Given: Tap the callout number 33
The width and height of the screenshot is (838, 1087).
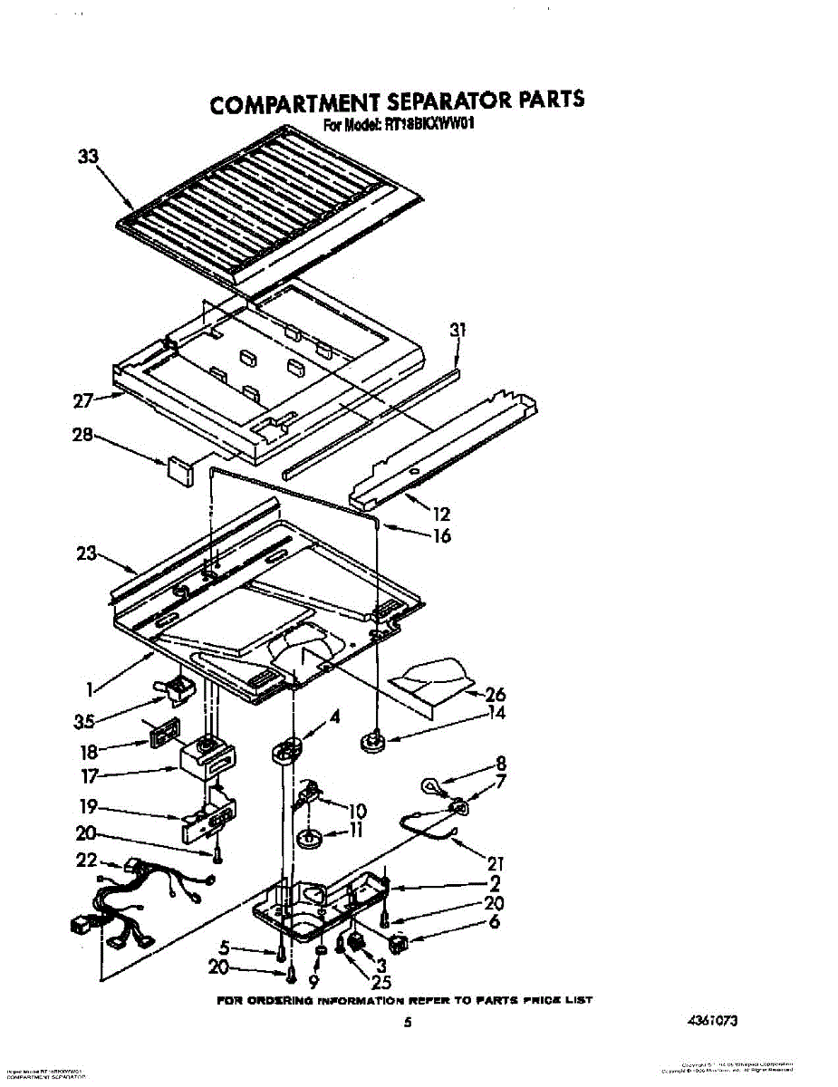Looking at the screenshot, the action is coord(87,157).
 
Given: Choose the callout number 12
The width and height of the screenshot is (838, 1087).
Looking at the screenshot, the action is coord(442,514).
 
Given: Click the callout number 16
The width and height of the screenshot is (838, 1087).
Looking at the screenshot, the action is coord(441,535).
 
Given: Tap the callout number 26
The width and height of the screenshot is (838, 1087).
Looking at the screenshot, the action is coord(495,695).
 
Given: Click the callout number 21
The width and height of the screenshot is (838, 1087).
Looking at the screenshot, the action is coord(494,862).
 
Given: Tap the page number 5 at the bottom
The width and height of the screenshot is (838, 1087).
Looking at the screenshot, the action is coord(409,1023).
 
